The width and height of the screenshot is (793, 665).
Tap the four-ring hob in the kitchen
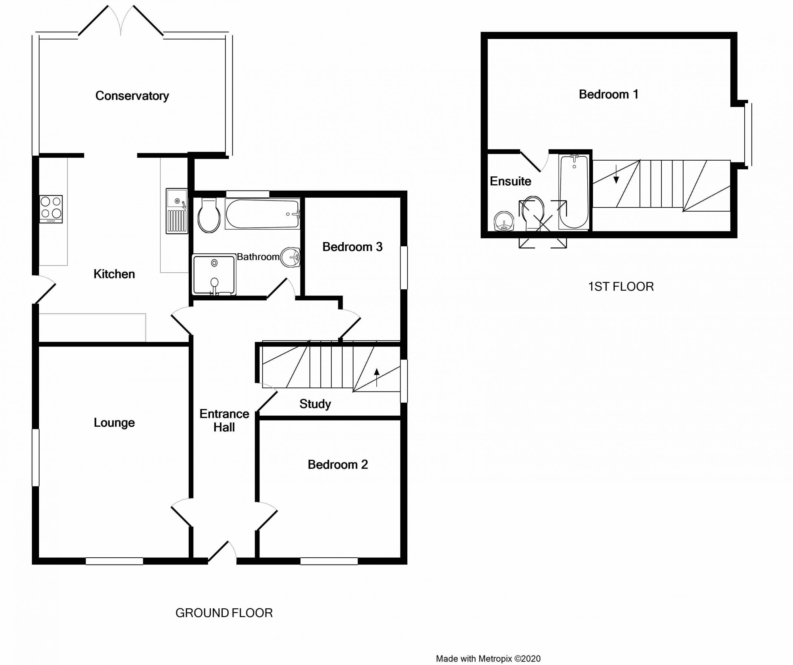51,209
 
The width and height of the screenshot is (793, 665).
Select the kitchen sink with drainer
177,211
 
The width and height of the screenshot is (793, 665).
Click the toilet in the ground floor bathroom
209,215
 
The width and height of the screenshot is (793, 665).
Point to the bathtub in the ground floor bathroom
262,214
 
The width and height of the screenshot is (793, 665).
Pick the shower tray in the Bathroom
214,274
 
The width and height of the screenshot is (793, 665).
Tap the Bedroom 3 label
352,247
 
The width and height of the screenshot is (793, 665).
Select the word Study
315,404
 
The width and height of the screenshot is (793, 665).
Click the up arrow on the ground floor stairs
376,377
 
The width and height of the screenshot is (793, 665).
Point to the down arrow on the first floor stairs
616,174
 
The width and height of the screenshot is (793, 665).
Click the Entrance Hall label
224,421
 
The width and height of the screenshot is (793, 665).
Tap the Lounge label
114,422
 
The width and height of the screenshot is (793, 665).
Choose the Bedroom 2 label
338,464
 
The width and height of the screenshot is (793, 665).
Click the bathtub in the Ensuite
574,192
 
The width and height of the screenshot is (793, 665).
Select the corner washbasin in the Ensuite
504,221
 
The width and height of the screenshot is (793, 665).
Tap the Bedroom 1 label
608,94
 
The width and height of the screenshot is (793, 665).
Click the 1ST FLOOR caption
621,287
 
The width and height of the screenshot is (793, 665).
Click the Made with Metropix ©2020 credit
488,659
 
